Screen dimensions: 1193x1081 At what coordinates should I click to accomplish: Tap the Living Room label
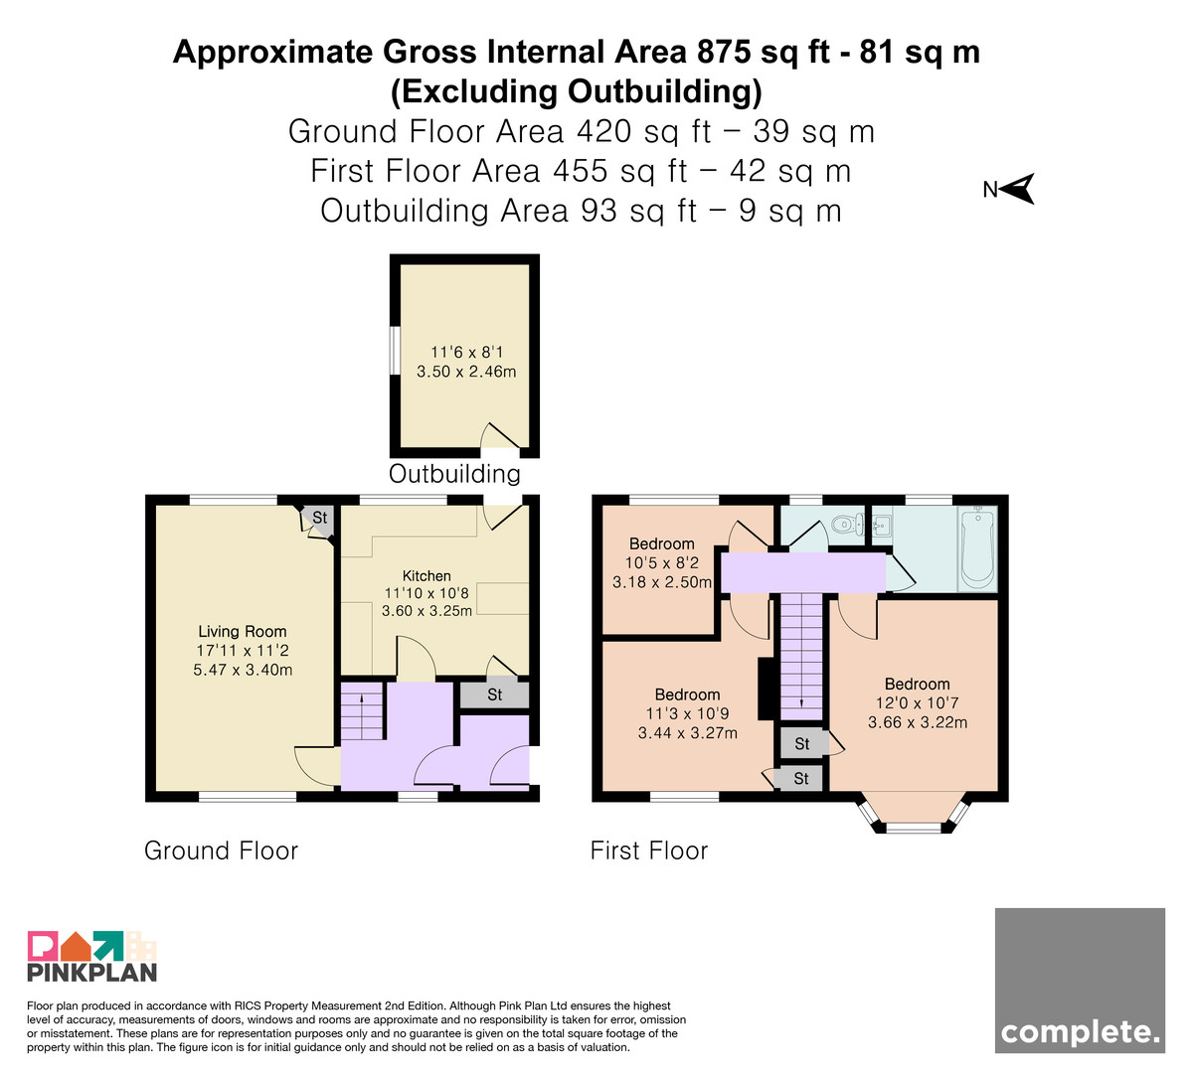pyautogui.click(x=242, y=631)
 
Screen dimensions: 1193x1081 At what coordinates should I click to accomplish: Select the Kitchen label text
pyautogui.click(x=426, y=575)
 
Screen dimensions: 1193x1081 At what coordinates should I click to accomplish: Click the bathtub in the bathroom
pyautogui.click(x=977, y=547)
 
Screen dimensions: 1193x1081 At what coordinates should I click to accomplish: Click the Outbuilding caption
pyautogui.click(x=455, y=474)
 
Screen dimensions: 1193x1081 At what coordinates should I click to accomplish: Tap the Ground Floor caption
pyautogui.click(x=221, y=850)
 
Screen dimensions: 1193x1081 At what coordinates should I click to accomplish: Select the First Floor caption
pyautogui.click(x=649, y=850)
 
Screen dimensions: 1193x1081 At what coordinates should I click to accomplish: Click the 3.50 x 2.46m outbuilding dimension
pyautogui.click(x=466, y=372)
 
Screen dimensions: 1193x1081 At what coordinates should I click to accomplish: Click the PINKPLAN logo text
pyautogui.click(x=92, y=973)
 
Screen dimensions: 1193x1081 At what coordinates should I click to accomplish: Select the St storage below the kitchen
pyautogui.click(x=495, y=695)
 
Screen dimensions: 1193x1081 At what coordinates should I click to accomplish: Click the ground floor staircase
pyautogui.click(x=362, y=711)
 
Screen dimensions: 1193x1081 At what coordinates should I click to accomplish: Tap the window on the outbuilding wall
pyautogui.click(x=395, y=350)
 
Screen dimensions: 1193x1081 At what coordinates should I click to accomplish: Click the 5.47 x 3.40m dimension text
pyautogui.click(x=243, y=670)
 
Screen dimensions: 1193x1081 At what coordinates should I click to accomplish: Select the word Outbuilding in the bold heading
pyautogui.click(x=659, y=91)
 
